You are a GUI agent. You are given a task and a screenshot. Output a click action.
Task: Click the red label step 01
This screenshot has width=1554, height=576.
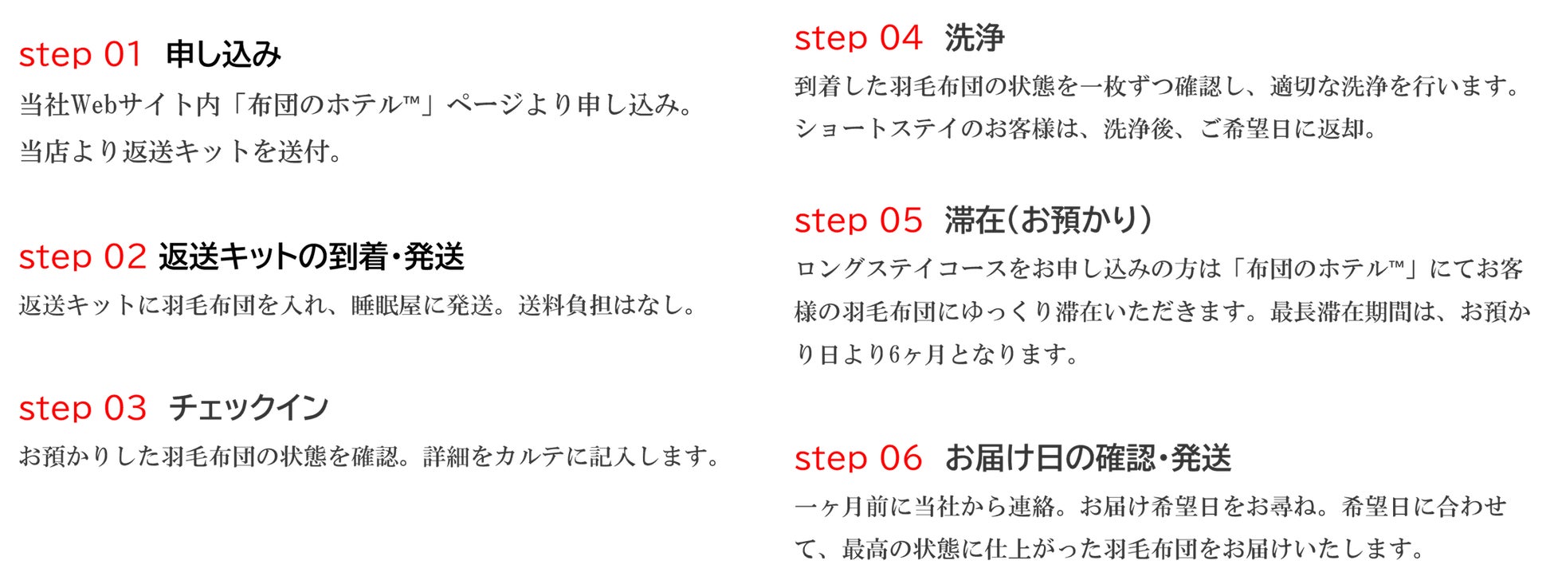coord(80,55)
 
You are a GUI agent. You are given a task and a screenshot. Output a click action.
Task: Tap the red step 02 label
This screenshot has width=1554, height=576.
coord(82,257)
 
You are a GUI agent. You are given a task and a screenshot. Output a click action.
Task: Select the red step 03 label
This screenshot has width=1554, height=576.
coord(82,409)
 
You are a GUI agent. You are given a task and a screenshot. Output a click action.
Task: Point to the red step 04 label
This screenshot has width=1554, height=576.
coord(857,38)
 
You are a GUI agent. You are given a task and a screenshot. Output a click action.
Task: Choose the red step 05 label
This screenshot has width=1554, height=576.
coord(857,221)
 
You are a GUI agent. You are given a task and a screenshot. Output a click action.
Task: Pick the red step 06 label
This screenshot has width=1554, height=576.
coord(857,458)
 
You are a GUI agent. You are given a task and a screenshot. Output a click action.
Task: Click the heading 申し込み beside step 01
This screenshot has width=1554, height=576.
coord(223,55)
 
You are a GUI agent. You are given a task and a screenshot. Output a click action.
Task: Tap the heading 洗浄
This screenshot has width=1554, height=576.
coord(975,38)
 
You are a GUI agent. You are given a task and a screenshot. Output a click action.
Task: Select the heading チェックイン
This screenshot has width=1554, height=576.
coord(249,409)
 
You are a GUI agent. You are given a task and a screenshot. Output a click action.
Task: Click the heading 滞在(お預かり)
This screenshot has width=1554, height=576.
coord(1048,221)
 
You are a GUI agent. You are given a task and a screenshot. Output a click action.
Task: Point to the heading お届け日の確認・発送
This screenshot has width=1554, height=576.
coord(1088,458)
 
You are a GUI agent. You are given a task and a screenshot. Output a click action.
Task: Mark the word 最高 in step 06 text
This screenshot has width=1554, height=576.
coord(866,549)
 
